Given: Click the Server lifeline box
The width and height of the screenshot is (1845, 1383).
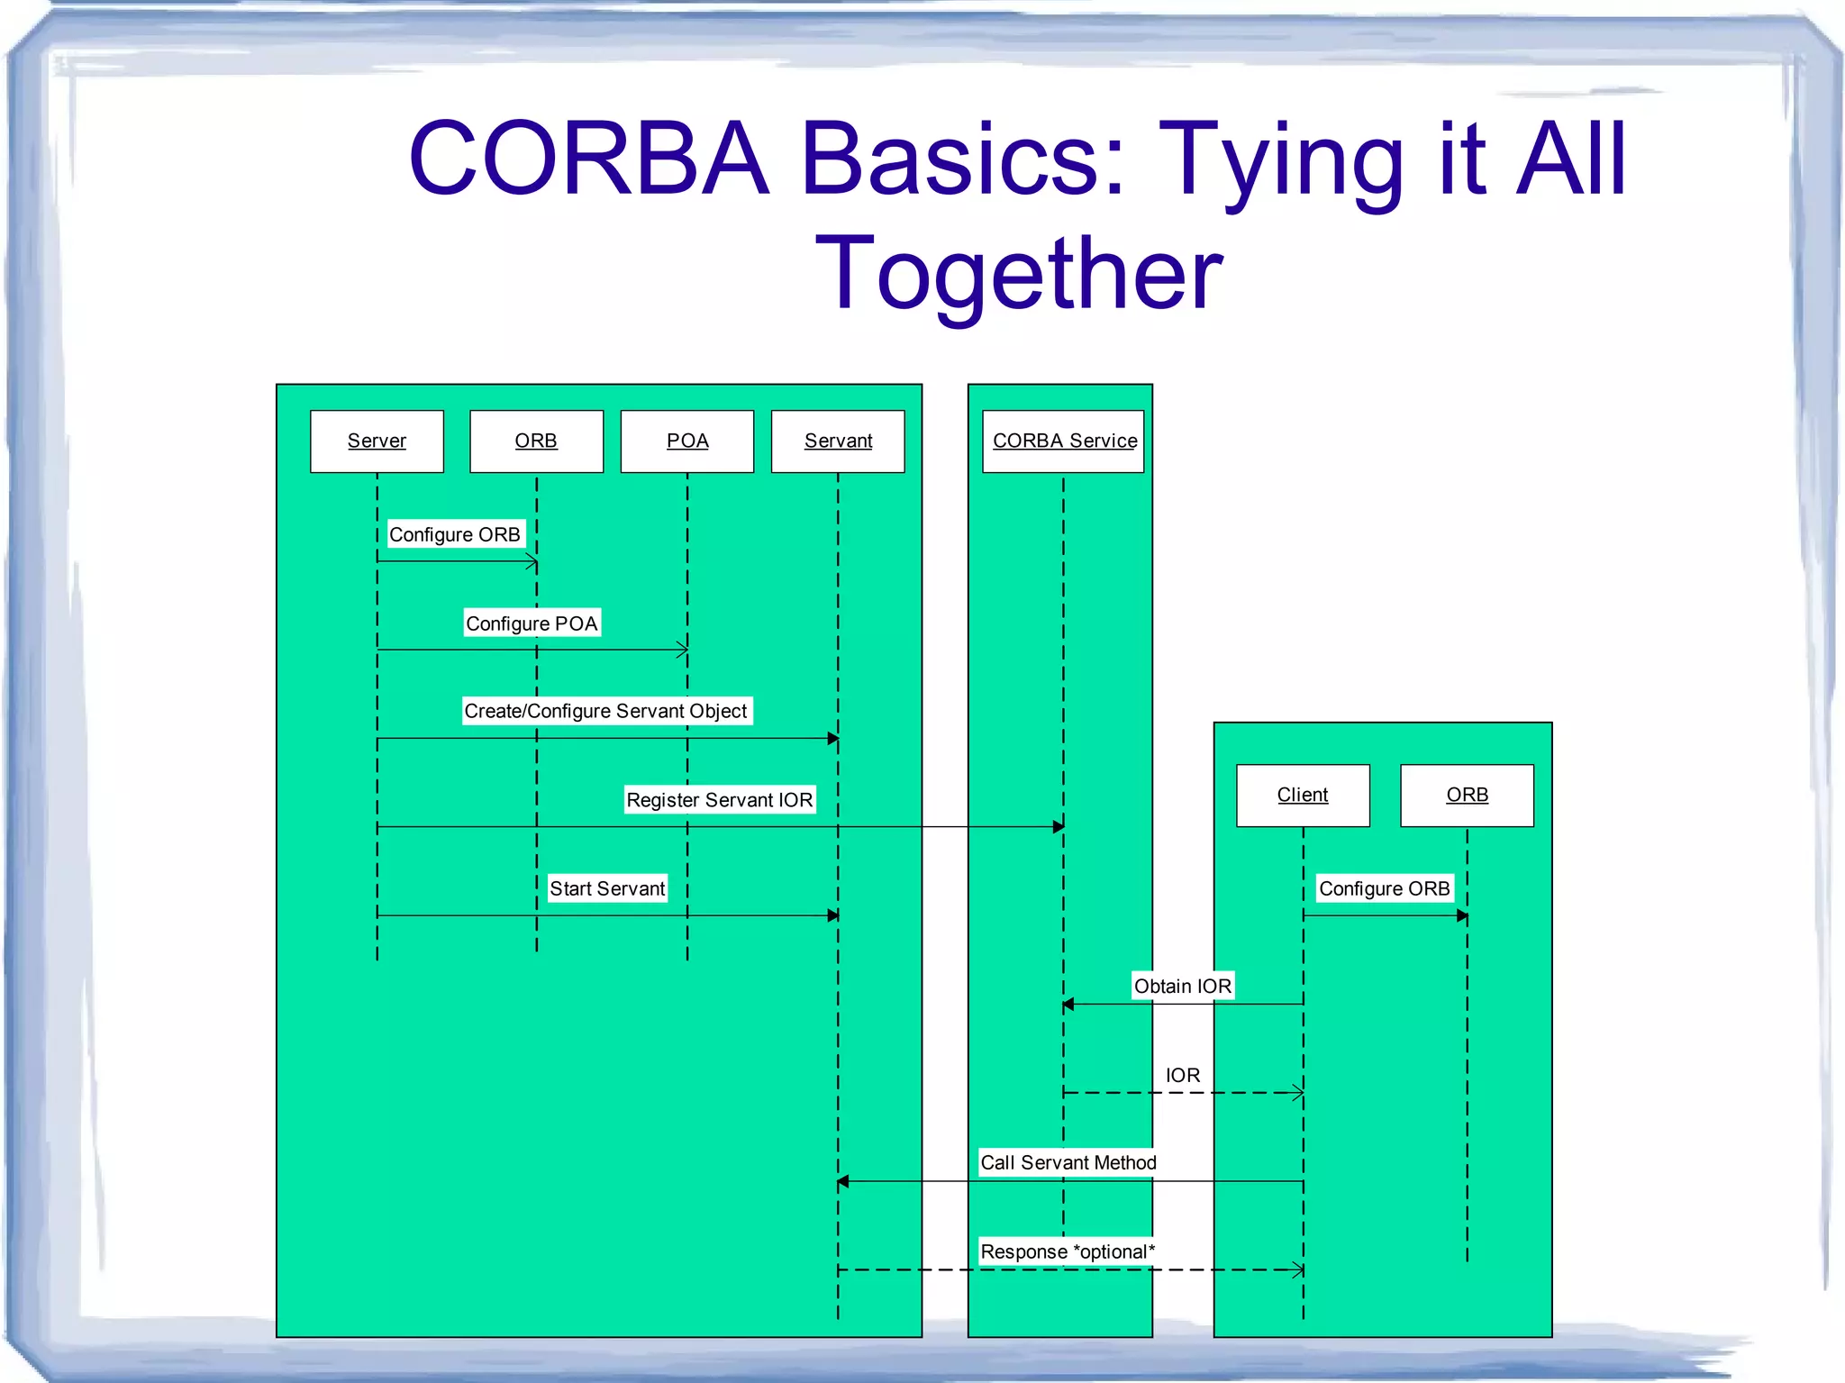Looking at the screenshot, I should [x=377, y=441].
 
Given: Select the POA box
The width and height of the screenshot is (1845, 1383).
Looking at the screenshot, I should [x=686, y=441].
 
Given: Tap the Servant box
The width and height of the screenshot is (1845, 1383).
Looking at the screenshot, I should [x=838, y=441].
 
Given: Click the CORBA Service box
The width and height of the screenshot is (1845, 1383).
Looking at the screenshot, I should [x=1063, y=441].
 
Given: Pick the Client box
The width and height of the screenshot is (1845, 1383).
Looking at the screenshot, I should [x=1303, y=796].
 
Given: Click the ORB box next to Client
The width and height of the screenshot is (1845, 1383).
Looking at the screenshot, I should [x=1467, y=796].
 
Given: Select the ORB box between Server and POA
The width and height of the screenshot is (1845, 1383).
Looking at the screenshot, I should [x=536, y=441].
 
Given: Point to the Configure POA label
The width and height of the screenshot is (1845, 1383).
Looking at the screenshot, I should [x=532, y=623].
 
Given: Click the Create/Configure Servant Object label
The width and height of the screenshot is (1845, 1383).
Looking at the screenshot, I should [x=605, y=711].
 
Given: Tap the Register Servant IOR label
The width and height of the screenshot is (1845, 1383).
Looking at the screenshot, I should [x=719, y=800].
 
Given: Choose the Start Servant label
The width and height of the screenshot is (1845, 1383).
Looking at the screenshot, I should [x=607, y=888].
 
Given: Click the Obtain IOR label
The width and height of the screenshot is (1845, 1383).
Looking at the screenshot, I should [x=1182, y=986].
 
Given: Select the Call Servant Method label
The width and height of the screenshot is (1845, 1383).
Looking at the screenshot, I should [x=1068, y=1162].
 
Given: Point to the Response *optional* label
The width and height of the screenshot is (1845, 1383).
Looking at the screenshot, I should [x=1067, y=1251].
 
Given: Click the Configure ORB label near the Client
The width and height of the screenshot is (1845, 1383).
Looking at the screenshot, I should [x=1384, y=888].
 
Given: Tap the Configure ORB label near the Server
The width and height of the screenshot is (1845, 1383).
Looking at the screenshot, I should [x=454, y=534].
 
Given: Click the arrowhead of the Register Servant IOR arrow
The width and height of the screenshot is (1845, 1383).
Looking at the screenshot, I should [x=1059, y=826].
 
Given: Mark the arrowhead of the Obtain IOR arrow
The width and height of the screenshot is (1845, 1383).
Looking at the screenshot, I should [x=1068, y=1004].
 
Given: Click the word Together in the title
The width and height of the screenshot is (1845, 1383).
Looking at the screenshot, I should [x=1018, y=273].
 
